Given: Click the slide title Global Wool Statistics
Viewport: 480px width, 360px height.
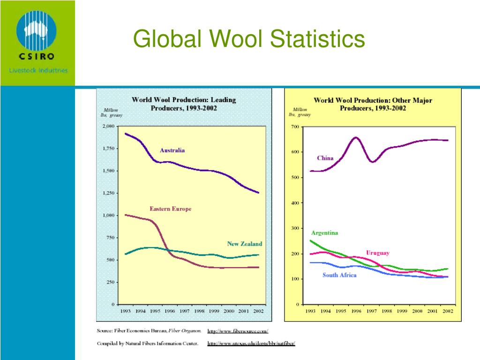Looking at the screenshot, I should point(249,39).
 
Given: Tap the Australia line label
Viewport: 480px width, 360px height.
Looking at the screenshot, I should point(172,150).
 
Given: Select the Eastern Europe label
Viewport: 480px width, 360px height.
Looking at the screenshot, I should point(170,209).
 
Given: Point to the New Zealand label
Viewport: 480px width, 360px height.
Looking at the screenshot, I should point(245,244).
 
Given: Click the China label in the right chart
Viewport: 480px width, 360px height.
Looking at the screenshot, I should point(325,158).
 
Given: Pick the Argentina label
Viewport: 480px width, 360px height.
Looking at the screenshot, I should point(324,233).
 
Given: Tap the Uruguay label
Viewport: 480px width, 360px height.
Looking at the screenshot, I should point(377,253).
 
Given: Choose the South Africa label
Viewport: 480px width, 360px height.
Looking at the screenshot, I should point(339,275).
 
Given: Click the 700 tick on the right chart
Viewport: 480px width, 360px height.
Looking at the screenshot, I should point(295,127).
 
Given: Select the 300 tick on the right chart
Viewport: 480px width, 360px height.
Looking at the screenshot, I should point(295,228).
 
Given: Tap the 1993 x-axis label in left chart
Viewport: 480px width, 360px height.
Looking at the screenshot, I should point(125,311).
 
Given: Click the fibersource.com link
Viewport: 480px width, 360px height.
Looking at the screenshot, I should point(238,331).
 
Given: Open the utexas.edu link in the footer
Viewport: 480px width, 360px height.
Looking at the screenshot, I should point(251,344).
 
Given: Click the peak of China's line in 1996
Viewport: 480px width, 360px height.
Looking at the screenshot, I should point(355,137).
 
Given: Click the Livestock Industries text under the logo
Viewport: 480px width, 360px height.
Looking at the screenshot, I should point(38,70).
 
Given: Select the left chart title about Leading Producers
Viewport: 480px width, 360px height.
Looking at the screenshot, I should point(184,104).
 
